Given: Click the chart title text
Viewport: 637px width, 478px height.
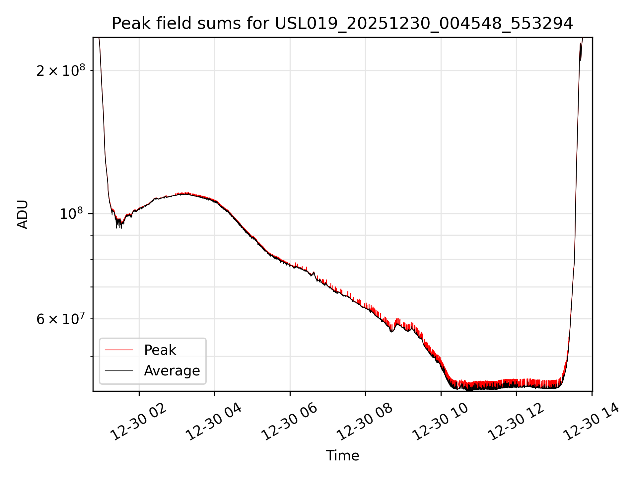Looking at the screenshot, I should point(342,24).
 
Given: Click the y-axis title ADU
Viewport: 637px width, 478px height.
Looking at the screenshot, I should point(23,214).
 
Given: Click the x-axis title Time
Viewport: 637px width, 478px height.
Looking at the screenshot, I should point(342,455).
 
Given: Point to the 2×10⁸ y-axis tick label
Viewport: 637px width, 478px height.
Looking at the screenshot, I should point(61,71).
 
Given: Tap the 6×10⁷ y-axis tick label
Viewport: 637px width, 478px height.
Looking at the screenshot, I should point(61,319).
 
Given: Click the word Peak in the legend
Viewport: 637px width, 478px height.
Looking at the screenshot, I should point(160,350).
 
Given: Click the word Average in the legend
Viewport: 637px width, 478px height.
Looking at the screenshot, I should point(172,370).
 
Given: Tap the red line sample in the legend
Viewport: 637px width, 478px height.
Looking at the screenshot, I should point(119,350).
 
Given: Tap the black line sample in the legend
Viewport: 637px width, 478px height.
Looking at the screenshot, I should point(119,370).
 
